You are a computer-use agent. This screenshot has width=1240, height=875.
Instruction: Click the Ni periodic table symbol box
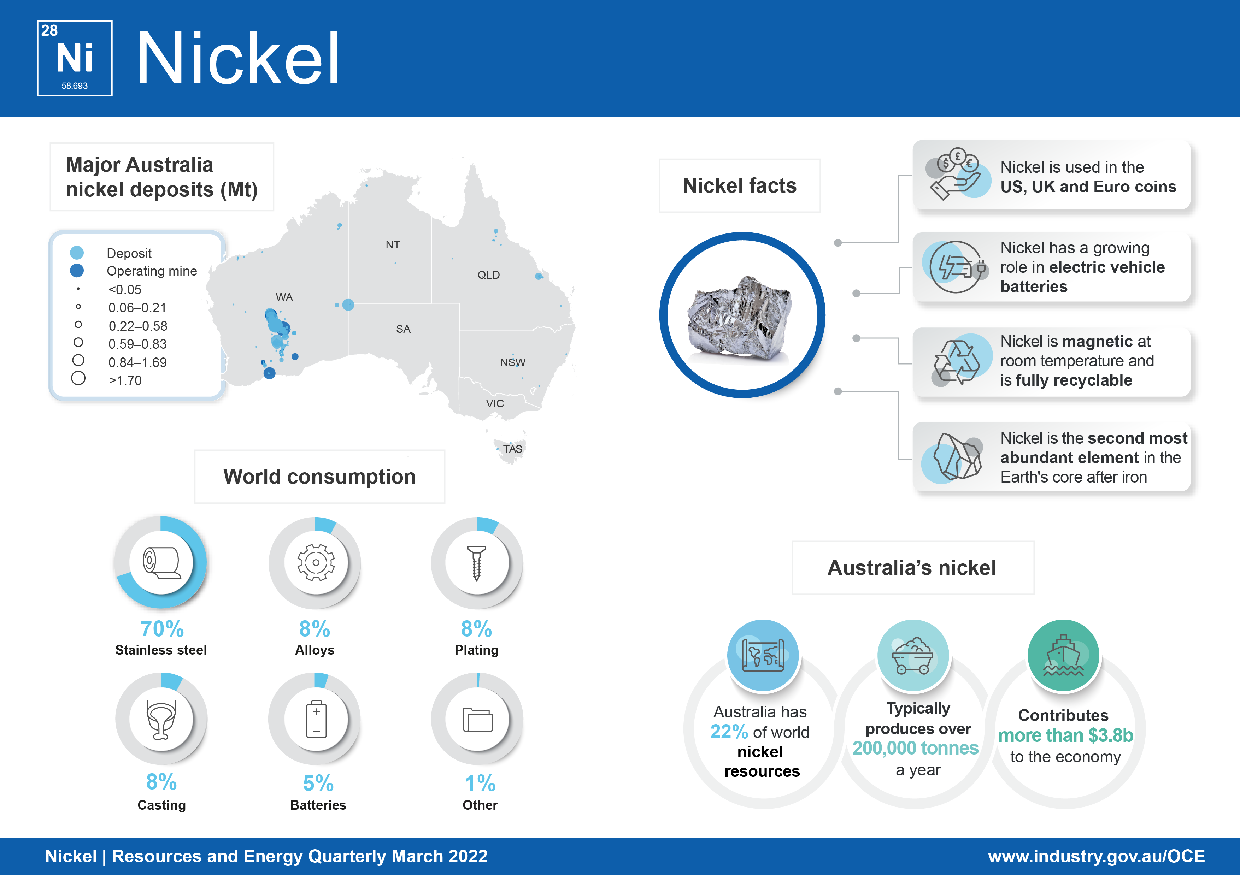coord(75,58)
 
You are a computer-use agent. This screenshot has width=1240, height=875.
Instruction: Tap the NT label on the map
coord(393,244)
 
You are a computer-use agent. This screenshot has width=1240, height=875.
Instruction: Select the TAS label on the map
coord(512,449)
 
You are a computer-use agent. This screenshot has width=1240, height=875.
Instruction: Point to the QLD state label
coord(488,275)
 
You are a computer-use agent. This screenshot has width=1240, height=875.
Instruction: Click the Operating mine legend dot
coord(77,271)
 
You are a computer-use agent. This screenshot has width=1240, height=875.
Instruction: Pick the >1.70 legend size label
coord(125,380)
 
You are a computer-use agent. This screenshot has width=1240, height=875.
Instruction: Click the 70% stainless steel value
coord(162,629)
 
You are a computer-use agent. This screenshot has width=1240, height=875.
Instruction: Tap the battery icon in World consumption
coord(317,719)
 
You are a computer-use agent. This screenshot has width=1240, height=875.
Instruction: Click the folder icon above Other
coord(478,720)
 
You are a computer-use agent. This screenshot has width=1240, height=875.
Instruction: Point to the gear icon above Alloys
coord(316,562)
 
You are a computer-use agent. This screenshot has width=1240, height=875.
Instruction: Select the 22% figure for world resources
coord(729,732)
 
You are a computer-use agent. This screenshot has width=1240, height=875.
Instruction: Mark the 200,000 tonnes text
coord(915,748)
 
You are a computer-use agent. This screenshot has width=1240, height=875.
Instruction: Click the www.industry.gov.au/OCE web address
coord(1096,856)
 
